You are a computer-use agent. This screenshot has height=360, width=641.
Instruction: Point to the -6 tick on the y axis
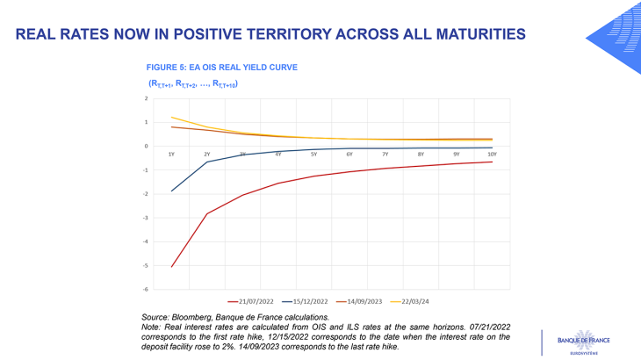click(x=146, y=289)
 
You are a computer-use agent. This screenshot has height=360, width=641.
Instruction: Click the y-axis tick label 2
click(x=147, y=98)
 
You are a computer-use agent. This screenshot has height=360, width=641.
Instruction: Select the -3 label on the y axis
click(x=146, y=218)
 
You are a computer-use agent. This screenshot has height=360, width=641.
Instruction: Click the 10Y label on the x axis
click(x=492, y=154)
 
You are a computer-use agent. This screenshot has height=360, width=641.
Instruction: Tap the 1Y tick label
click(x=171, y=154)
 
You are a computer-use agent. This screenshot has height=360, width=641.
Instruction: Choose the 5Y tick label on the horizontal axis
click(x=313, y=154)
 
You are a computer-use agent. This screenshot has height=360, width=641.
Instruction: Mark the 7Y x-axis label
click(x=385, y=154)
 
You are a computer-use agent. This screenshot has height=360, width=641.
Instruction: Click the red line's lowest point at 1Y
click(x=171, y=267)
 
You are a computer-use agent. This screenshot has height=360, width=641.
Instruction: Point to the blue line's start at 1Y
click(x=171, y=191)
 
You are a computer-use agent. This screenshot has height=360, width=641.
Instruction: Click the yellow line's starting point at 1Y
click(x=171, y=117)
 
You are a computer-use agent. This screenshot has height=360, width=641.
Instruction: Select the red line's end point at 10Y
click(x=492, y=162)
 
